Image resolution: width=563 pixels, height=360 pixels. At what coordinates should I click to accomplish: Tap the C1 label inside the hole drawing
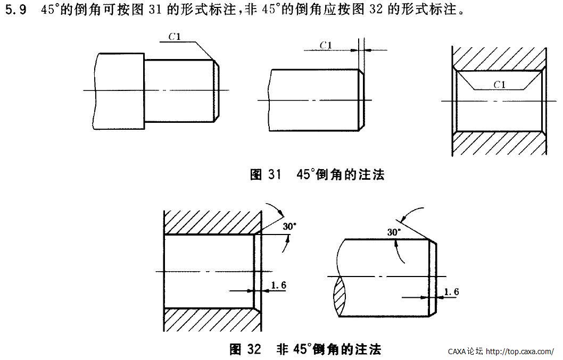(499, 84)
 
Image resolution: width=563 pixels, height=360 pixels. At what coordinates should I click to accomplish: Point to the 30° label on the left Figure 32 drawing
(289, 226)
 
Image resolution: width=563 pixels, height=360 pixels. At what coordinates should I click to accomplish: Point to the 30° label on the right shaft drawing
(394, 232)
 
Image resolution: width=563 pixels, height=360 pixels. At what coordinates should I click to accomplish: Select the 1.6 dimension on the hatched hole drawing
(278, 285)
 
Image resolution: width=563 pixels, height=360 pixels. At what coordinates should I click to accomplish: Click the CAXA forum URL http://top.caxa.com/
(520, 351)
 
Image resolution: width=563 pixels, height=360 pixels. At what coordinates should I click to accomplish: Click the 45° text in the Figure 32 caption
(300, 349)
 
